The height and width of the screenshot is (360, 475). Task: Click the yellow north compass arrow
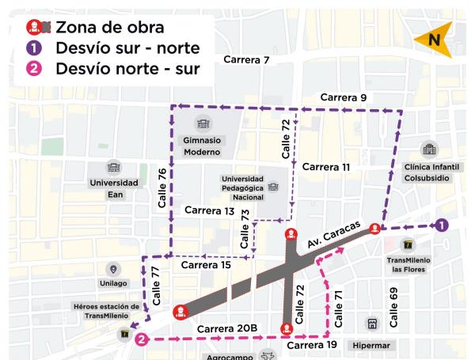tap(434, 40)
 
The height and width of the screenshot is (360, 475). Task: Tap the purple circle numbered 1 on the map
tap(442, 225)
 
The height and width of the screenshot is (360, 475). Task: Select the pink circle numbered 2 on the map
tap(141, 340)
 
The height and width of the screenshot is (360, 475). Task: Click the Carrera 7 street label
tap(246, 60)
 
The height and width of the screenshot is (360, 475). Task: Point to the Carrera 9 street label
tap(344, 97)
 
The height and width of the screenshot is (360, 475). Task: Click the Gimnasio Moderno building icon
tap(200, 123)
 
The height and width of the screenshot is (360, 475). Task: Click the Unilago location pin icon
tap(112, 270)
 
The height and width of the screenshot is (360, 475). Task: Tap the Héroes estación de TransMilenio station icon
tap(124, 335)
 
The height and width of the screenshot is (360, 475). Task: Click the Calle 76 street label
tap(161, 188)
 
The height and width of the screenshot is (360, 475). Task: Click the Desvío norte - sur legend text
tap(127, 69)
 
